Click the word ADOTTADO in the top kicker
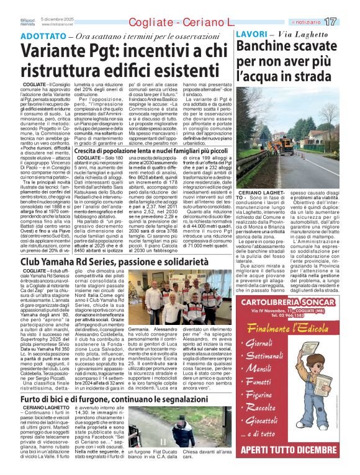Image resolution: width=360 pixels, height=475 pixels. pos(38,35)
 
